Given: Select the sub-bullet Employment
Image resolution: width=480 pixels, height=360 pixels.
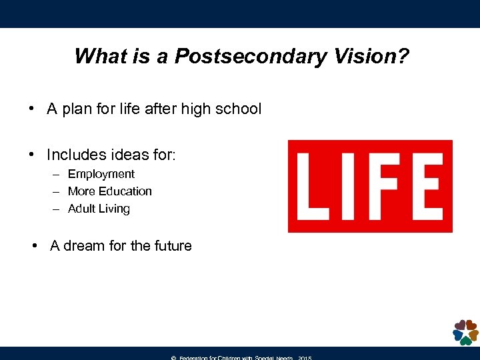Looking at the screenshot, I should [x=101, y=174].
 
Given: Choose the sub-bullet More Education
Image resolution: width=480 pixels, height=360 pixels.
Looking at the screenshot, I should [x=110, y=191].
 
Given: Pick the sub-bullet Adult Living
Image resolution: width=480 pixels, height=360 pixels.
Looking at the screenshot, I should [x=99, y=209].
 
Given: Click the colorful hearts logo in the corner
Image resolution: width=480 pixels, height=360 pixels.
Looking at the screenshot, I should [x=465, y=332].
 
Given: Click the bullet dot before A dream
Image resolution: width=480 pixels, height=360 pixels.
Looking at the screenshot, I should [x=35, y=246].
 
